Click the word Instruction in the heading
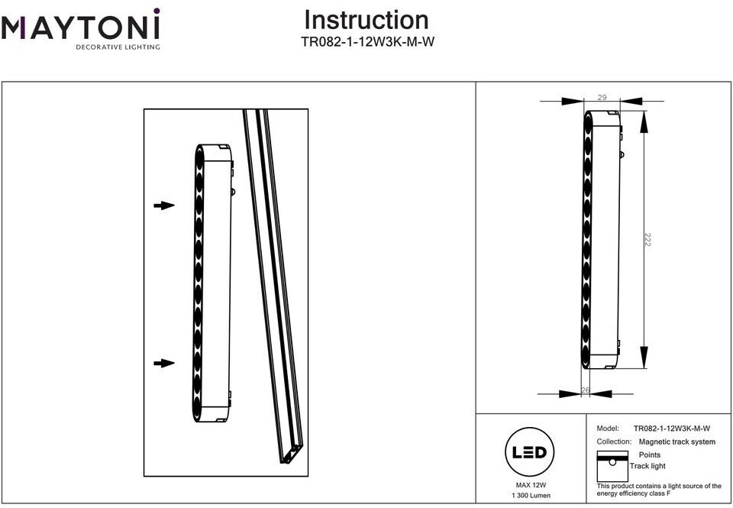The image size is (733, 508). click(366, 20)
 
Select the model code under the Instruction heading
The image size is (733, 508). click(368, 42)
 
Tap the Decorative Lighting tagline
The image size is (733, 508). click(118, 47)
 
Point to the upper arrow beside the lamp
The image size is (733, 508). click(164, 205)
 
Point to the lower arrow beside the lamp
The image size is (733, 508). click(164, 363)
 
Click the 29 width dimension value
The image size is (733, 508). click(602, 97)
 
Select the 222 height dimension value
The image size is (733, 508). click(647, 240)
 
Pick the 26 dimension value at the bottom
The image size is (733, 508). click(586, 390)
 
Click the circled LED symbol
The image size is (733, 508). click(530, 452)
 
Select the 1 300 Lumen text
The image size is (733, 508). click(531, 495)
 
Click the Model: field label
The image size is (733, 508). click(608, 428)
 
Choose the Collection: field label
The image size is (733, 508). click(614, 442)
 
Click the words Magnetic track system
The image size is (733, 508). click(677, 442)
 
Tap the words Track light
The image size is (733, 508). click(647, 466)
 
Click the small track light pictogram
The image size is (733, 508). click(612, 466)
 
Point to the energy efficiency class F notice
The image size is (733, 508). click(659, 490)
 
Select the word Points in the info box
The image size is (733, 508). click(650, 455)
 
